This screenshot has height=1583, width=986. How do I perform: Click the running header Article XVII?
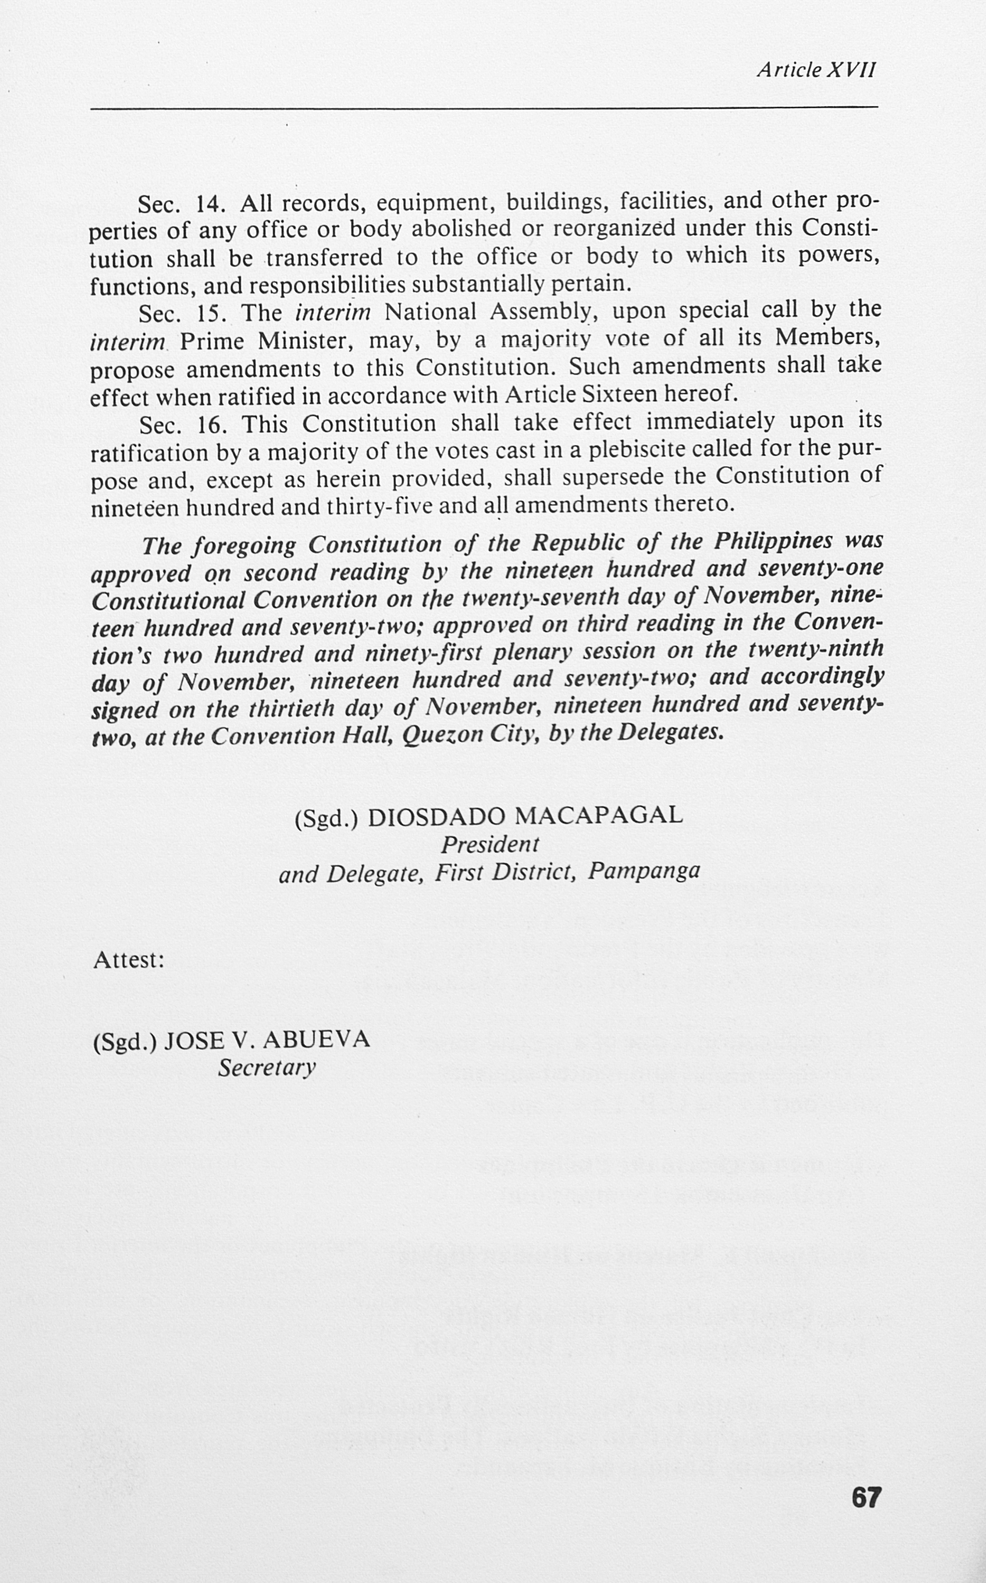[816, 70]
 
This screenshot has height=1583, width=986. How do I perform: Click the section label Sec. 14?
[175, 204]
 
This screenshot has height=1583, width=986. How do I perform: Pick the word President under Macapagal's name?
[489, 845]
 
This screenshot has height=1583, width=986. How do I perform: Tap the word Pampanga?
[644, 870]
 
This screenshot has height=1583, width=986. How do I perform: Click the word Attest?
[129, 960]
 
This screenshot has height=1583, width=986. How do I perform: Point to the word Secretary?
[267, 1067]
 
